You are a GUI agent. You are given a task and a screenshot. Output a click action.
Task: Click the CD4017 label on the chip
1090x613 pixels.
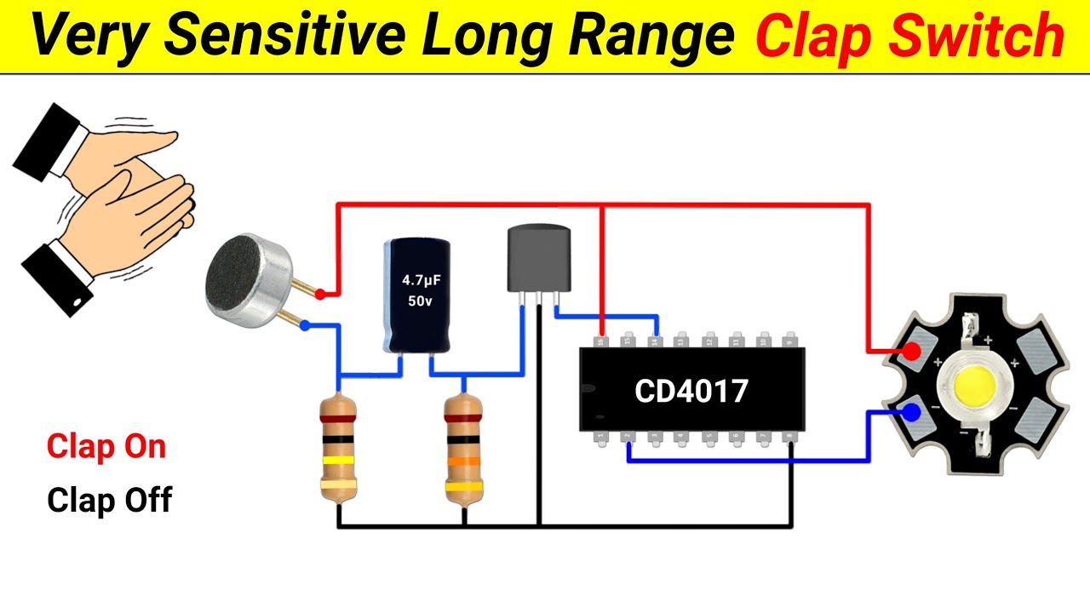691,391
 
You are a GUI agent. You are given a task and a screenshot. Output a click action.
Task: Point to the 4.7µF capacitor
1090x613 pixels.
416,295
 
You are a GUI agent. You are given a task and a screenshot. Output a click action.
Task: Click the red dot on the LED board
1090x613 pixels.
911,351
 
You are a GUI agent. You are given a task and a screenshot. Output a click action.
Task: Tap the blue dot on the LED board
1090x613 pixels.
911,414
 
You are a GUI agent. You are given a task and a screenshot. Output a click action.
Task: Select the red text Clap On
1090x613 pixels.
106,447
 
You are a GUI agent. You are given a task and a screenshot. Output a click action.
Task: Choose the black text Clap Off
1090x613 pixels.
109,500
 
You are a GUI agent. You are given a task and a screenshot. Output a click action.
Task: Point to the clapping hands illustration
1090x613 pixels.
102,204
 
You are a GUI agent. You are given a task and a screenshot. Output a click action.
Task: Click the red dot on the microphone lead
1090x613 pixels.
320,295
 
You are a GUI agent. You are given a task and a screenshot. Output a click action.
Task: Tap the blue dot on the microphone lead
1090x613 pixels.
306,325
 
